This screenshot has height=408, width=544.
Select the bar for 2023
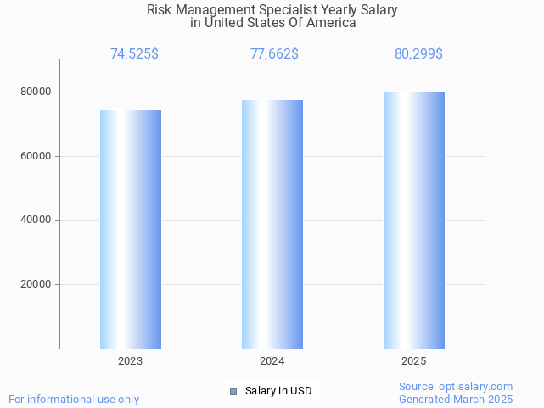click(x=131, y=229)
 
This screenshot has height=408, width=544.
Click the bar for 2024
click(x=272, y=224)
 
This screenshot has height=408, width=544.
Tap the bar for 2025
click(x=414, y=220)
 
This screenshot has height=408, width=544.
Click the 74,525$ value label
click(x=134, y=54)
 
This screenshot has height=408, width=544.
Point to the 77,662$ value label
click(x=274, y=54)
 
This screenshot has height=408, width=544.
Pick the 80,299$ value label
click(x=418, y=54)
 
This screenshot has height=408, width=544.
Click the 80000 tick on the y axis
click(x=35, y=92)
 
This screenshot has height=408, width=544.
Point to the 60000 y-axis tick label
click(x=35, y=156)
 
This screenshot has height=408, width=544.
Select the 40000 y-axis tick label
click(x=35, y=221)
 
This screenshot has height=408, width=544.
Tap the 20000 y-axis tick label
click(x=35, y=285)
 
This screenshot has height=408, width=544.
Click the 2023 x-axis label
click(x=130, y=361)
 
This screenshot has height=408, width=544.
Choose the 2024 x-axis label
click(x=272, y=361)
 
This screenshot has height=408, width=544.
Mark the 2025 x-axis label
click(x=413, y=361)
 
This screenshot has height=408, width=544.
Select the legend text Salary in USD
click(x=278, y=391)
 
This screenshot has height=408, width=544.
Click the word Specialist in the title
click(x=289, y=10)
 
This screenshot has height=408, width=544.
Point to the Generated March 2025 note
click(x=456, y=399)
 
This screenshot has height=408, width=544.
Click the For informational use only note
click(x=74, y=399)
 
